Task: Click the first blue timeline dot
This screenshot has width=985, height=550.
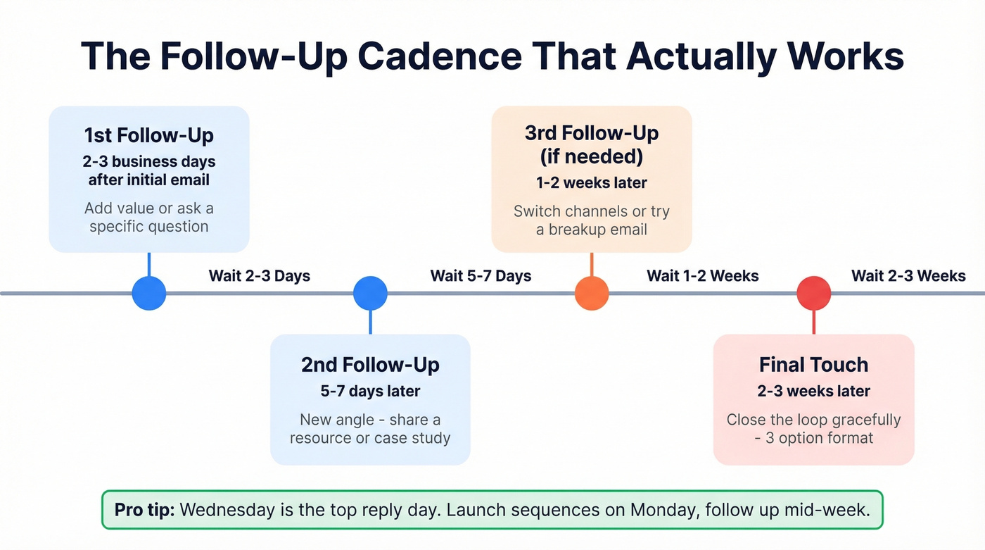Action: (149, 293)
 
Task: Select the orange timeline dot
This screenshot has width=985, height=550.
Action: (592, 293)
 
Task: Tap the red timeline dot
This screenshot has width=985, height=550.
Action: (814, 293)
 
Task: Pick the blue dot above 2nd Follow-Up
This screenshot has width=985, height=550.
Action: (370, 293)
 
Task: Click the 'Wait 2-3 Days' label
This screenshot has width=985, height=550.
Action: (260, 275)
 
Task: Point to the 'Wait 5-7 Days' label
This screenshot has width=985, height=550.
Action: (481, 275)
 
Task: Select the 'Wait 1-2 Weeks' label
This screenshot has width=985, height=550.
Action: (703, 275)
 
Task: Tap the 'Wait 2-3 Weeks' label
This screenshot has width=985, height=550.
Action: (908, 275)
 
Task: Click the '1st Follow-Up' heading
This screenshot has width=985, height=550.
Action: (148, 135)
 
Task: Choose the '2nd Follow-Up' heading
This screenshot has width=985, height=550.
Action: (370, 365)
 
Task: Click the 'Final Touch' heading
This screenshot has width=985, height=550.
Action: (813, 365)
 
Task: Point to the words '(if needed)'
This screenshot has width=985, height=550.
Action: (592, 156)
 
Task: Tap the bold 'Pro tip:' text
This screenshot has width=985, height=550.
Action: (144, 510)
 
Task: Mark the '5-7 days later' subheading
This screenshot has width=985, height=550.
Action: (370, 392)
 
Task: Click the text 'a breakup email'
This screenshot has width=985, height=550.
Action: (592, 230)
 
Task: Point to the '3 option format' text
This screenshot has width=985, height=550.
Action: (818, 438)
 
